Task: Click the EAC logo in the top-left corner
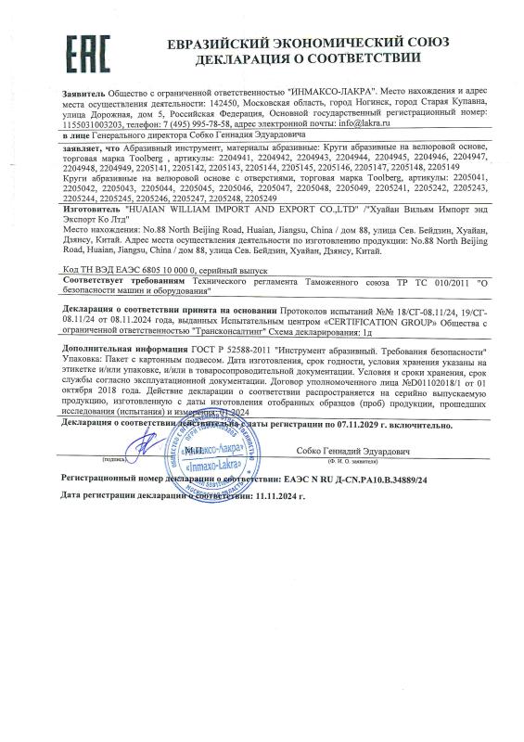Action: pos(86,48)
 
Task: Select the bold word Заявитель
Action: pos(83,95)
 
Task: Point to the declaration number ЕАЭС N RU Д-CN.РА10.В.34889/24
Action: pos(350,479)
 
